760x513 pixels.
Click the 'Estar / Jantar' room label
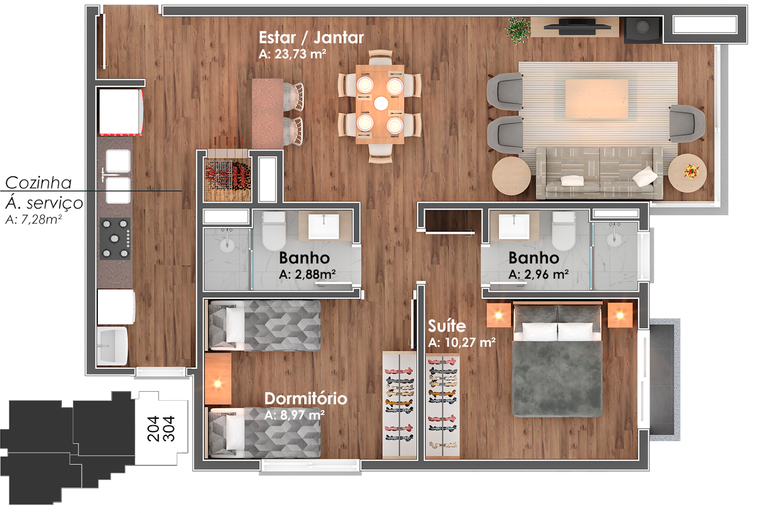click(x=311, y=37)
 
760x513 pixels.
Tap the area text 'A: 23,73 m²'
click(x=292, y=54)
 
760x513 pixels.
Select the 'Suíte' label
click(x=447, y=326)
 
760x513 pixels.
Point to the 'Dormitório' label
click(x=306, y=399)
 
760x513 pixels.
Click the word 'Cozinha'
click(x=38, y=183)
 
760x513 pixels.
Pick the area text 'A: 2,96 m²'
click(x=538, y=275)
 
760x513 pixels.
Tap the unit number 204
click(x=153, y=428)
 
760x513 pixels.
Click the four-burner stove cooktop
click(x=115, y=238)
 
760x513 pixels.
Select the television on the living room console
click(x=577, y=26)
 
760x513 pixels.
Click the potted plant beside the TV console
click(x=517, y=30)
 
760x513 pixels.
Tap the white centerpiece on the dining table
click(x=381, y=103)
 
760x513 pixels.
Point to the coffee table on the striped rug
click(x=597, y=99)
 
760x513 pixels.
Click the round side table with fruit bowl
click(x=688, y=173)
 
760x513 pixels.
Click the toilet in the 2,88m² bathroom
click(x=274, y=231)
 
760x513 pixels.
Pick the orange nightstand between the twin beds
click(x=218, y=379)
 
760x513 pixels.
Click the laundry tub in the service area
click(x=112, y=346)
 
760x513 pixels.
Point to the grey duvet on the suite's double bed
click(x=557, y=378)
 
